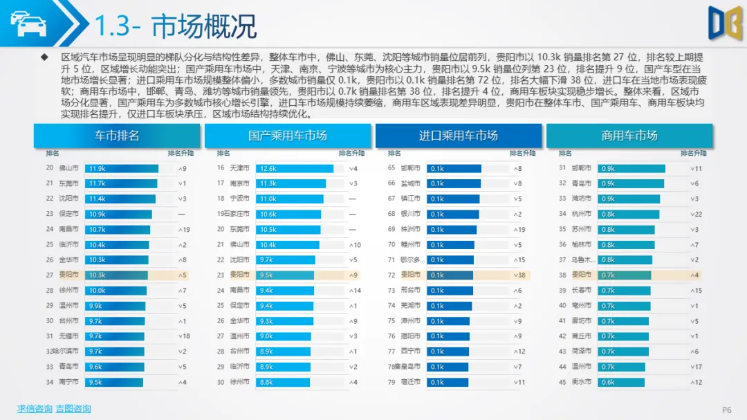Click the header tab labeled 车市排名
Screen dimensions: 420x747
(x=116, y=136)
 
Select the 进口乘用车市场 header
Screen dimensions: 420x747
(x=458, y=136)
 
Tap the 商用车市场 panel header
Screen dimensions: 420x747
(x=629, y=136)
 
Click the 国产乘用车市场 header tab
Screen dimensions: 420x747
(x=287, y=136)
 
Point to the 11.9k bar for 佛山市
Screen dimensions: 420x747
(x=121, y=168)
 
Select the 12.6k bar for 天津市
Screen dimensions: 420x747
(x=294, y=168)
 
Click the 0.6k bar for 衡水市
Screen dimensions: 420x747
(x=620, y=382)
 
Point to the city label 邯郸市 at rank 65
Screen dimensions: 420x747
(x=412, y=168)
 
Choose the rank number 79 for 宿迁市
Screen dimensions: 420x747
(x=391, y=382)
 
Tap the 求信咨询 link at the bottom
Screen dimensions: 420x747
(x=35, y=409)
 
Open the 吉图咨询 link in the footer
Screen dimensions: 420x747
(x=73, y=409)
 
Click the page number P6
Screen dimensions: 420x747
(x=726, y=410)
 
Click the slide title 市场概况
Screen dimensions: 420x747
(x=204, y=26)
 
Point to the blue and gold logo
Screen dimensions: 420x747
(x=724, y=23)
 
